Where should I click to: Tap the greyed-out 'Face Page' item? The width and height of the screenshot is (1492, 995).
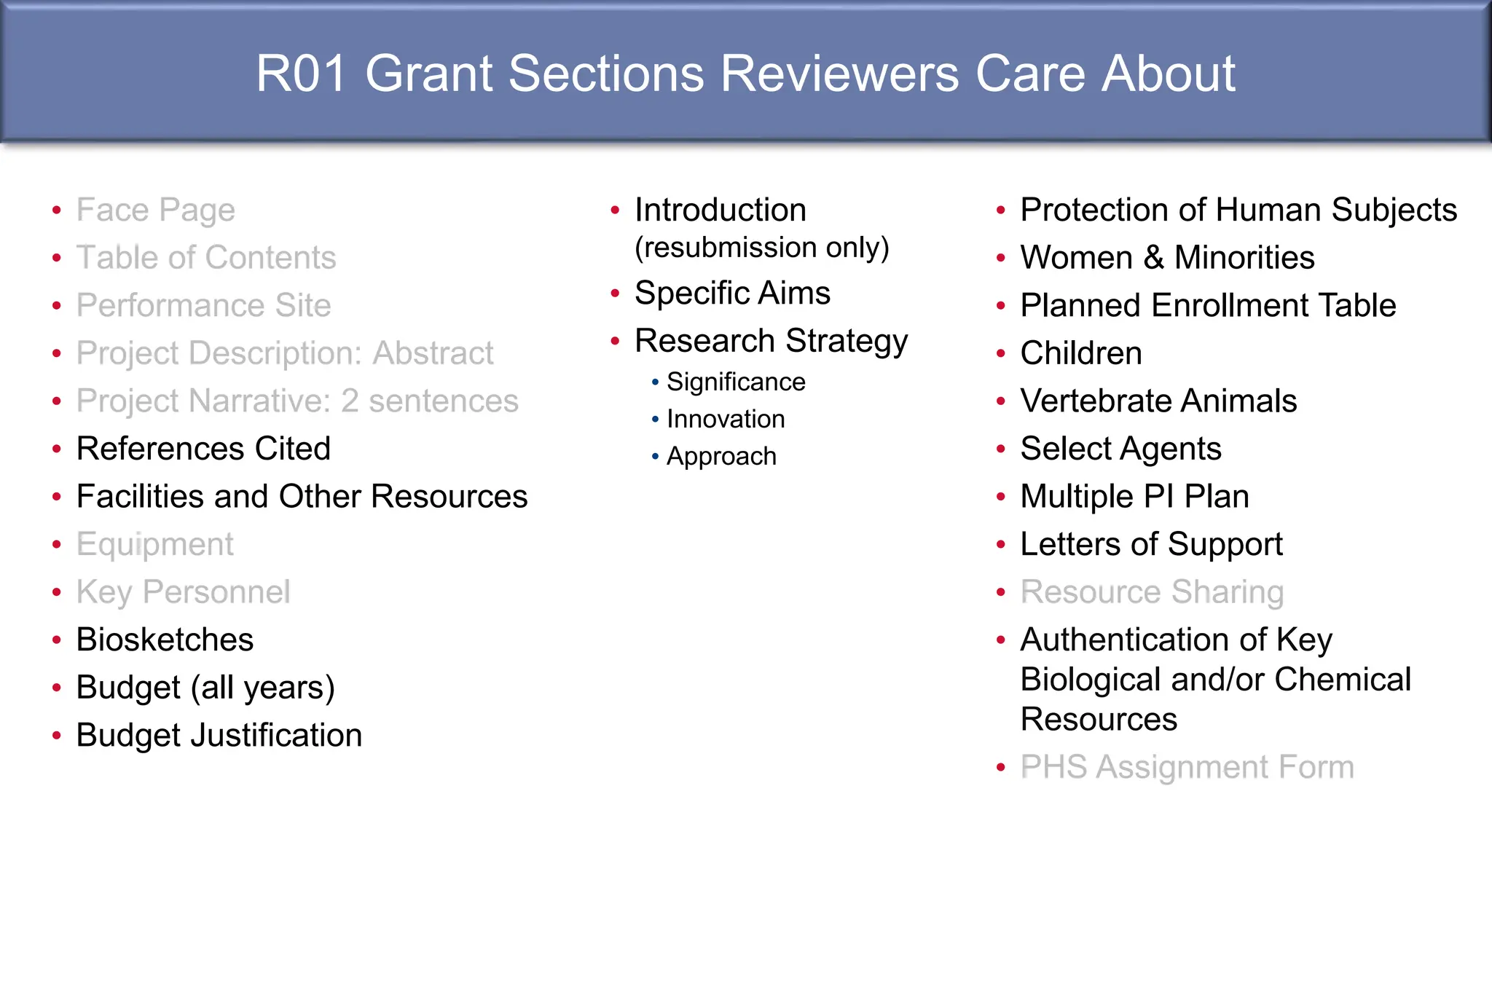pyautogui.click(x=155, y=211)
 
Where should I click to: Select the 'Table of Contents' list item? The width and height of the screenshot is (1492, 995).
pyautogui.click(x=206, y=258)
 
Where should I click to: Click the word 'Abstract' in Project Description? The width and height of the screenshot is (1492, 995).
pyautogui.click(x=433, y=353)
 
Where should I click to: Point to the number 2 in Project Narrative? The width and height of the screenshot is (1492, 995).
pyautogui.click(x=350, y=401)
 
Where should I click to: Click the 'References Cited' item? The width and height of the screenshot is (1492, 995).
pyautogui.click(x=203, y=449)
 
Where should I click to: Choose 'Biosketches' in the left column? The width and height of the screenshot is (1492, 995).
pyautogui.click(x=165, y=640)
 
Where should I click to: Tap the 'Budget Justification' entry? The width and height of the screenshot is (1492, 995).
pyautogui.click(x=219, y=736)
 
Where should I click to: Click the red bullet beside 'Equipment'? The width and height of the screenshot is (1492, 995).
pyautogui.click(x=57, y=545)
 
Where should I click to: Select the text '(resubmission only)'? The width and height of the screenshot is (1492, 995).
pyautogui.click(x=761, y=248)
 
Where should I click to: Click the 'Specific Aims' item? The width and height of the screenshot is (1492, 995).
pyautogui.click(x=732, y=294)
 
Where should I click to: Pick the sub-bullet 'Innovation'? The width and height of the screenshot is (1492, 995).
pyautogui.click(x=726, y=420)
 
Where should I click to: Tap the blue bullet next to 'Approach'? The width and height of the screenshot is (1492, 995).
pyautogui.click(x=655, y=457)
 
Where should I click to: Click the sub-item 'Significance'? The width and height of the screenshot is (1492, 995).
pyautogui.click(x=736, y=382)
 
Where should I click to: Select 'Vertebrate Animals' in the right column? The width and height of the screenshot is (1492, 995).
pyautogui.click(x=1158, y=401)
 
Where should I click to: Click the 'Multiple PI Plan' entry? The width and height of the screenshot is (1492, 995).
pyautogui.click(x=1134, y=497)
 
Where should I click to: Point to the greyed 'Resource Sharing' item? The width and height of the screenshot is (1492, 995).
pyautogui.click(x=1152, y=592)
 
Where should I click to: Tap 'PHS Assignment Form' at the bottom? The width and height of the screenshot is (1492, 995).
pyautogui.click(x=1187, y=768)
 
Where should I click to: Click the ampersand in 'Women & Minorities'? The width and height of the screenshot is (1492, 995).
pyautogui.click(x=1154, y=258)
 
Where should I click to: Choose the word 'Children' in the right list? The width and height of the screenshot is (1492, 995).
pyautogui.click(x=1081, y=353)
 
